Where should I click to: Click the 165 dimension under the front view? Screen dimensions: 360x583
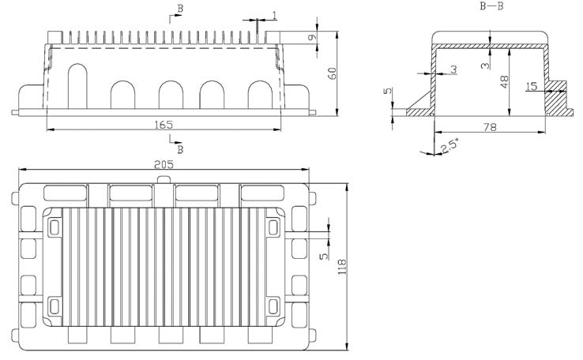pyautogui.click(x=164, y=125)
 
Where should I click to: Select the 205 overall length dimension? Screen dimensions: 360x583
pyautogui.click(x=164, y=163)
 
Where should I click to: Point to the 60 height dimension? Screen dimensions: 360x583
pyautogui.click(x=333, y=73)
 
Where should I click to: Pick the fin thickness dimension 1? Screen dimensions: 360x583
pyautogui.click(x=273, y=15)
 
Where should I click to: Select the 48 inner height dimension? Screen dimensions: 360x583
pyautogui.click(x=503, y=81)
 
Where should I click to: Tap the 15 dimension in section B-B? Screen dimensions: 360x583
pyautogui.click(x=531, y=85)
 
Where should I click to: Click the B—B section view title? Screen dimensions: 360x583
pyautogui.click(x=492, y=6)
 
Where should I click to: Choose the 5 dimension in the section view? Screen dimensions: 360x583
pyautogui.click(x=387, y=92)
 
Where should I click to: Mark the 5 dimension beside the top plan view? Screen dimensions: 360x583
pyautogui.click(x=322, y=257)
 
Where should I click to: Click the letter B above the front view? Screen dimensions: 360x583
pyautogui.click(x=181, y=8)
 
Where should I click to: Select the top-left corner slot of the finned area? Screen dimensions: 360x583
pyautogui.click(x=54, y=227)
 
